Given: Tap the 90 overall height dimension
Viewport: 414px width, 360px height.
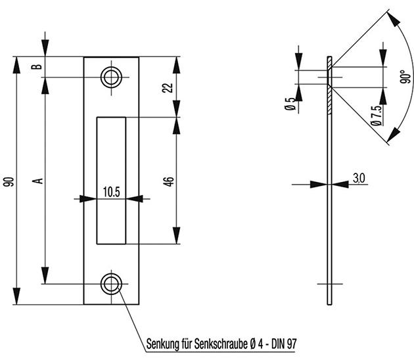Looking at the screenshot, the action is pyautogui.click(x=9, y=182).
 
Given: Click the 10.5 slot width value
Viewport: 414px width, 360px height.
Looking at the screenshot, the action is pyautogui.click(x=112, y=192).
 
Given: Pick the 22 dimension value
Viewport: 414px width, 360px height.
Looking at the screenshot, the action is pyautogui.click(x=168, y=87).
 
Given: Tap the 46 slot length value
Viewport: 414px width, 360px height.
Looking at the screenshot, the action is pyautogui.click(x=169, y=182).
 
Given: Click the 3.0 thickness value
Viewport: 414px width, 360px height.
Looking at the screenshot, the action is pyautogui.click(x=359, y=179).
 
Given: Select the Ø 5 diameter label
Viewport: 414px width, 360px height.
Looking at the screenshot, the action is pyautogui.click(x=290, y=104).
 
